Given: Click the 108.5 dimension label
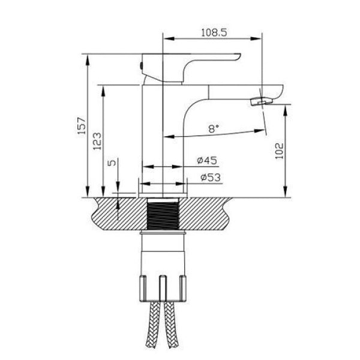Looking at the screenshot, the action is tap(214, 32).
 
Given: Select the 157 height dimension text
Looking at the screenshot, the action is tap(82, 126).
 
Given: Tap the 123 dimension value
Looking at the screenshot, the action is tap(97, 141).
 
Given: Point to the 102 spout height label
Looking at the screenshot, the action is tap(280, 151).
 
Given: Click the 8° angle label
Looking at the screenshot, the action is tap(214, 128).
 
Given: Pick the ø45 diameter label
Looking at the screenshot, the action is tap(207, 160).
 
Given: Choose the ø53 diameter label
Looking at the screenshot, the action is tap(211, 177).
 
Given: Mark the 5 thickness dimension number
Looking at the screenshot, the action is tap(112, 163).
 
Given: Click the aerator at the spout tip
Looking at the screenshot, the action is tap(261, 101).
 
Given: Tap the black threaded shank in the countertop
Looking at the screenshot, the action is tap(163, 214).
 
